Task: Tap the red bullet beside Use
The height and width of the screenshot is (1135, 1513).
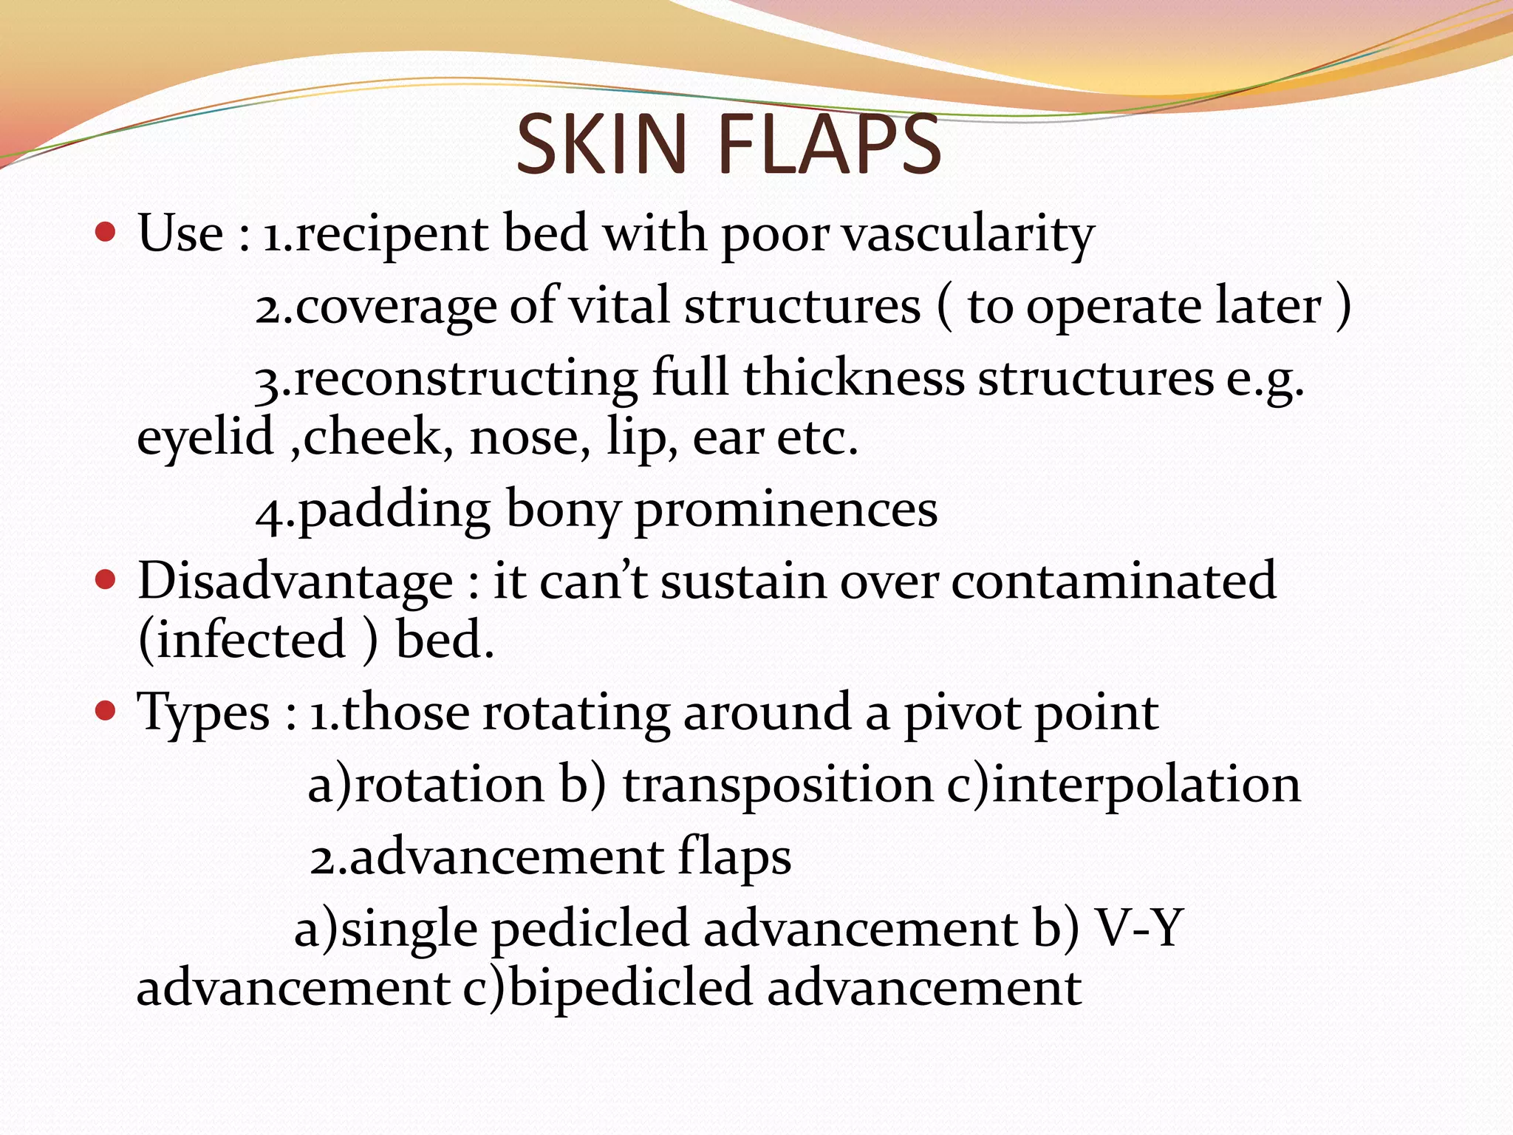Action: pyautogui.click(x=106, y=233)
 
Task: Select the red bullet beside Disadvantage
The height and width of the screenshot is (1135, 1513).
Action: pyautogui.click(x=106, y=580)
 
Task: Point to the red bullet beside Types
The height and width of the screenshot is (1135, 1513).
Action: pyautogui.click(x=106, y=712)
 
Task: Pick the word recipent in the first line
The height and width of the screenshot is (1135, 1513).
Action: pyautogui.click(x=392, y=235)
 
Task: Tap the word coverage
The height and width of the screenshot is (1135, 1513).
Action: pyautogui.click(x=396, y=307)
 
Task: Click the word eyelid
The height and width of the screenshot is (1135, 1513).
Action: pyautogui.click(x=205, y=437)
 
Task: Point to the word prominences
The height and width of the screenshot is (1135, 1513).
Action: pyautogui.click(x=786, y=510)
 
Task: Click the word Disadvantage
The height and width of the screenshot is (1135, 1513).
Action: pyautogui.click(x=296, y=581)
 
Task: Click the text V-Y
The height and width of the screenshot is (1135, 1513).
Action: pyautogui.click(x=1139, y=928)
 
